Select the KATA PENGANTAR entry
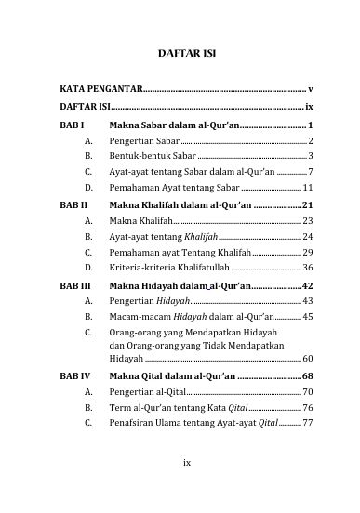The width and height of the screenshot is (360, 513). pos(100,89)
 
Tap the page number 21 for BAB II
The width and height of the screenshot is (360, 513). pos(307,204)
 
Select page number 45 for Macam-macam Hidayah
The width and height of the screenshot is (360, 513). pos(307,317)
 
